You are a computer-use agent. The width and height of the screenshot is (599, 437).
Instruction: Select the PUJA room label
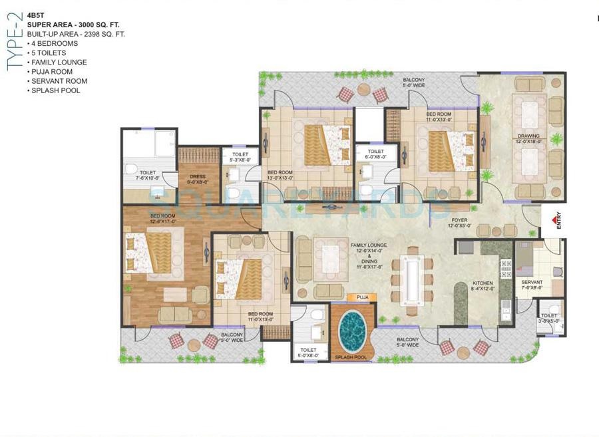click(x=362, y=297)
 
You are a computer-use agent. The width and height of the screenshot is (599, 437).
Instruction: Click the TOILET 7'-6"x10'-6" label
click(x=148, y=176)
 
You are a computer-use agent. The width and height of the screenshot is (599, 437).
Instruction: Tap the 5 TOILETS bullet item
click(x=49, y=53)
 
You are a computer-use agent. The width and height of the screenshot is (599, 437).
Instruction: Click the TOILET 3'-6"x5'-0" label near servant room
click(x=549, y=319)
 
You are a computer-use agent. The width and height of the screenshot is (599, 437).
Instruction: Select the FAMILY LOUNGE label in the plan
click(x=368, y=248)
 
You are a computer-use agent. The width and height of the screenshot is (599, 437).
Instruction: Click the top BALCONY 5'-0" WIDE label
click(x=413, y=83)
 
